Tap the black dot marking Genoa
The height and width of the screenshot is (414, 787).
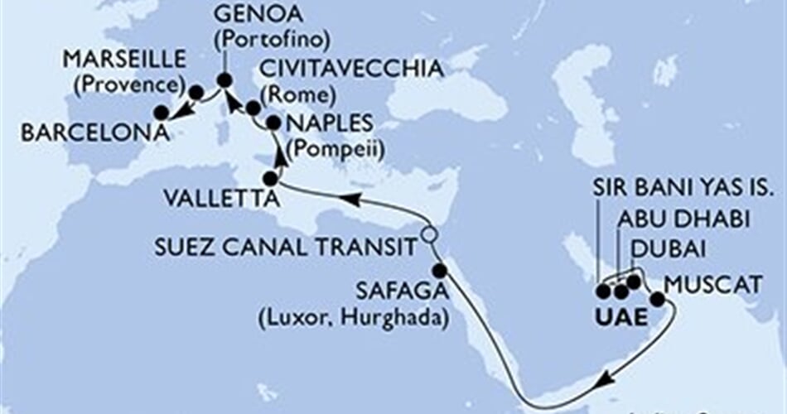[225, 80]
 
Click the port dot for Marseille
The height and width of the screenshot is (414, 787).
[196, 93]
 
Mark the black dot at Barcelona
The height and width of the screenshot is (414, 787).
[161, 113]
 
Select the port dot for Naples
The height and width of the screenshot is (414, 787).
[273, 121]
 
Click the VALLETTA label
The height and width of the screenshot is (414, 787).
[214, 198]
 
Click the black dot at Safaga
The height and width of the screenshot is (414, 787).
[439, 270]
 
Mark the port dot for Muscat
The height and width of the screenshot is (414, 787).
[657, 299]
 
